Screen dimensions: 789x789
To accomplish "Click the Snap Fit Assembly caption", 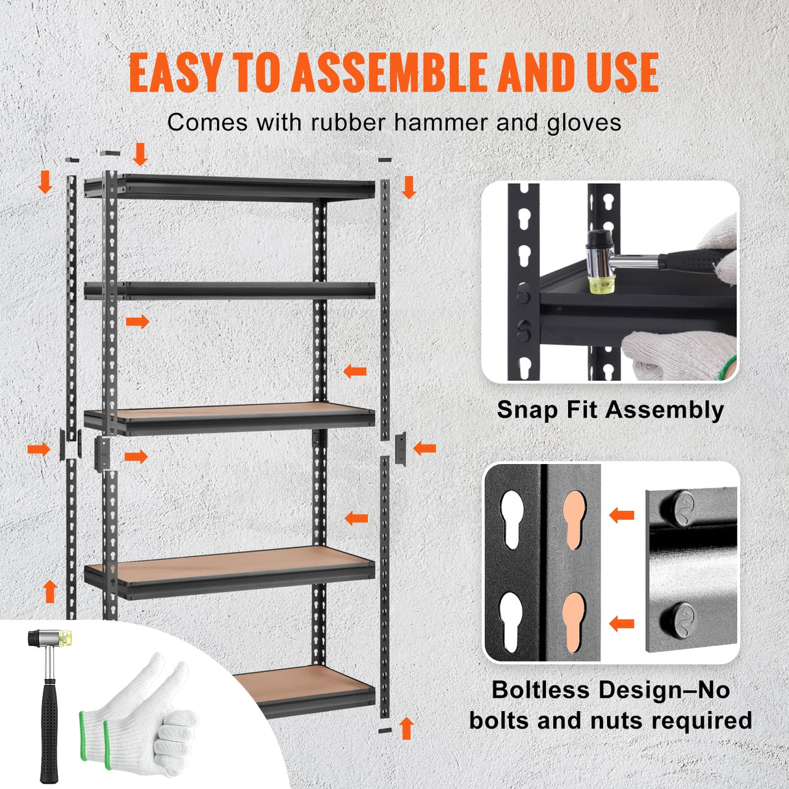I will (610, 410).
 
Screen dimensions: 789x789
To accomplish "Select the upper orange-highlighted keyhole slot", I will (574, 513).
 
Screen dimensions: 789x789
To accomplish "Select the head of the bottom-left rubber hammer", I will (49, 638).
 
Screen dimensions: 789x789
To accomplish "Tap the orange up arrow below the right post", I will (407, 728).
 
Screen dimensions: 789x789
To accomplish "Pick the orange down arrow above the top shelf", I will (140, 155).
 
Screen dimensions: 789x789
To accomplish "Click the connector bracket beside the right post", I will (400, 448).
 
